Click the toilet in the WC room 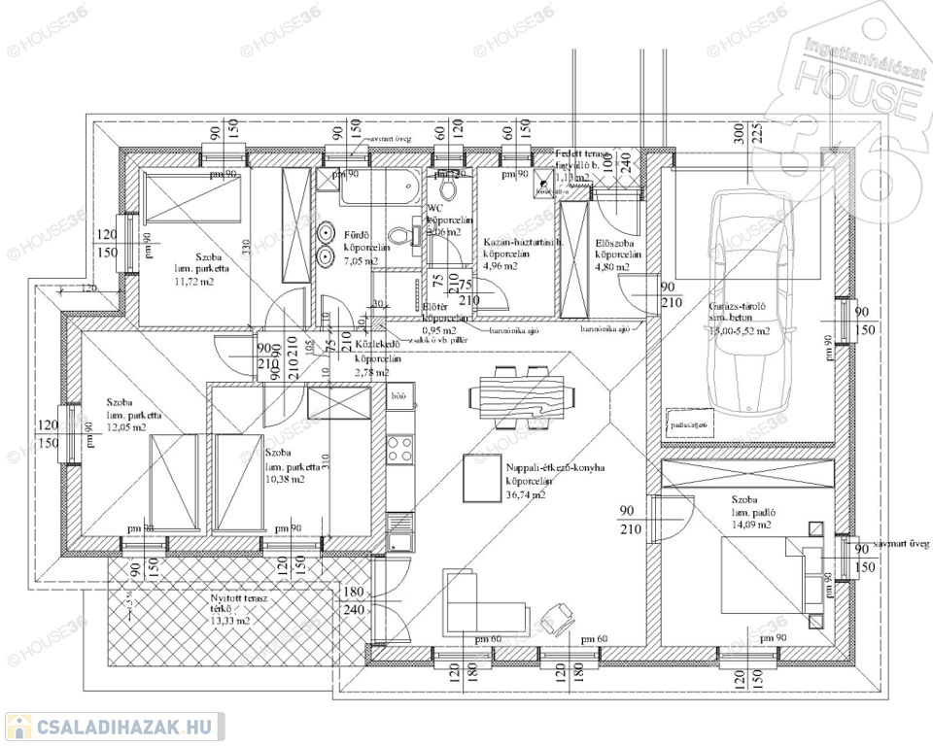(447, 186)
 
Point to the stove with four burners (398, 449)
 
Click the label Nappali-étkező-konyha (556, 468)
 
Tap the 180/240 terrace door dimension (353, 601)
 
